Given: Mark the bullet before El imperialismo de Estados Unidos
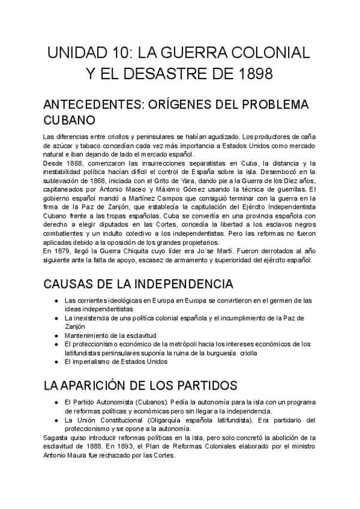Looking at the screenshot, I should [56, 362].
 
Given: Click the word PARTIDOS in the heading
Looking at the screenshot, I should [205, 384].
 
